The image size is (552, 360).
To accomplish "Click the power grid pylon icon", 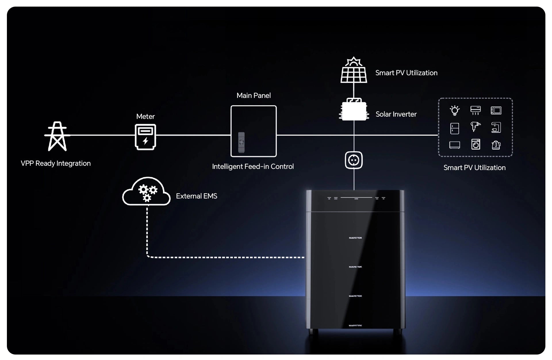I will coord(57,136).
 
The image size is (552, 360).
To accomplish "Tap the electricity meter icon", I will coord(145,137).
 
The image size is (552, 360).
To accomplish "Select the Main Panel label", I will coord(253,96).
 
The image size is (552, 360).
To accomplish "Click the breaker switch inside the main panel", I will coord(241,142).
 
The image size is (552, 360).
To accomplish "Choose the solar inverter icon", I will coord(354,111).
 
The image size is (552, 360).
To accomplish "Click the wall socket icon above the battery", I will coord(354,160).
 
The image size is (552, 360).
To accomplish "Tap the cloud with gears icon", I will coord(146,192).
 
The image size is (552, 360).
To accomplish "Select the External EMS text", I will coord(196,196).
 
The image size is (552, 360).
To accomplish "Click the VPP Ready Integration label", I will coord(56,163).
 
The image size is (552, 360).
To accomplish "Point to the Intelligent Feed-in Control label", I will coord(253,167).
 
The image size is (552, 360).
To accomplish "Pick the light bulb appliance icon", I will coord(455,111).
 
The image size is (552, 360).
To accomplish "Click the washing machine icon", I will coord(476,145).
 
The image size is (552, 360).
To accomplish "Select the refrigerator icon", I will coord(455,128).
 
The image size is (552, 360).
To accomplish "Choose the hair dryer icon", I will coord(475,127).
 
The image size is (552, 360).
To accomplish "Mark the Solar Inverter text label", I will coord(396,114).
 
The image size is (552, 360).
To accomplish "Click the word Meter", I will coord(145,117).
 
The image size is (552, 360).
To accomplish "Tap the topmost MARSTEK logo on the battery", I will coord(355,238).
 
